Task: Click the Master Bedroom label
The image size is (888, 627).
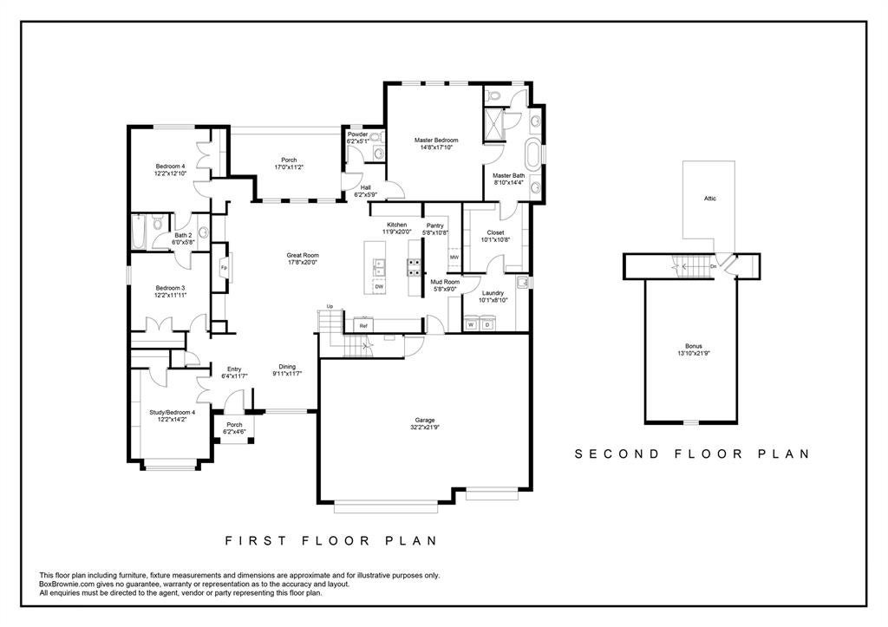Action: (x=436, y=140)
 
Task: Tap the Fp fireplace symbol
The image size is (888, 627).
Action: (x=225, y=267)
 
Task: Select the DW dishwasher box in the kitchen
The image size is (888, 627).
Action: (x=379, y=286)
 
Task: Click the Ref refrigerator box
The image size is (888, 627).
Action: (x=363, y=326)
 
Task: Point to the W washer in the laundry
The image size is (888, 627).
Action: (x=471, y=324)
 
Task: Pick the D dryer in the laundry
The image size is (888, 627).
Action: (x=486, y=324)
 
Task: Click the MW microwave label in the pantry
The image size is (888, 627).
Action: (x=454, y=258)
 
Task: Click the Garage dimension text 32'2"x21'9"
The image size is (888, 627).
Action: (x=425, y=427)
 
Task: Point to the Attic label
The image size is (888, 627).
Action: (x=710, y=199)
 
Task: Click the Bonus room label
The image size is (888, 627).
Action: (x=694, y=346)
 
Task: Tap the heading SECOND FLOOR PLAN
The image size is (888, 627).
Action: (x=693, y=454)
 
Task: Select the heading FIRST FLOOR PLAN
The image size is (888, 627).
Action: (x=331, y=540)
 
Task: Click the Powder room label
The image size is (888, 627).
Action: (x=358, y=134)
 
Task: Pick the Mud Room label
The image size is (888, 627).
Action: (x=445, y=282)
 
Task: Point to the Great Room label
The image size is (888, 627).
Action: (x=303, y=256)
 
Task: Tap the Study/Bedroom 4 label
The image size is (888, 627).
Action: (x=173, y=412)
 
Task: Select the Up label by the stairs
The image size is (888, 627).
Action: (x=330, y=306)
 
